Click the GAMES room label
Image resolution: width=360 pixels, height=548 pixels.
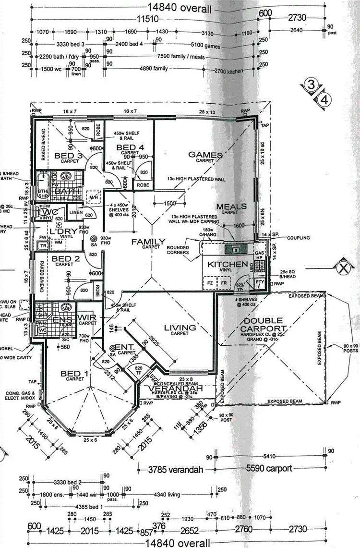(205, 155)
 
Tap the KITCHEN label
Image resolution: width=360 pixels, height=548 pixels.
(228, 265)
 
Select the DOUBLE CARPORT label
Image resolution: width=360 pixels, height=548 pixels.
(264, 325)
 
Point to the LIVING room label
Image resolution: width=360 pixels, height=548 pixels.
(180, 328)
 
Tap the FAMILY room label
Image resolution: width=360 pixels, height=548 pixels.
(149, 242)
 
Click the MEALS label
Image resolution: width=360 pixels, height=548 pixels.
(231, 207)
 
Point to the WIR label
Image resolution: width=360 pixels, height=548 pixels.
(87, 317)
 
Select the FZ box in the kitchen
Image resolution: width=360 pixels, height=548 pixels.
(210, 283)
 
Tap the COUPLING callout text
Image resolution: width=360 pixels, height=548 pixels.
(298, 238)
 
